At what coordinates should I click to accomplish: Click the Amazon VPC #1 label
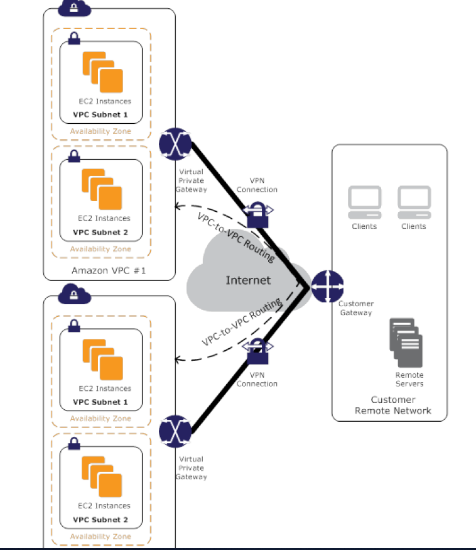(x=109, y=270)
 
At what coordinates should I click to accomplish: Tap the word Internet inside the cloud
(x=248, y=280)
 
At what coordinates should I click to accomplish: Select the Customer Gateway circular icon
(x=327, y=287)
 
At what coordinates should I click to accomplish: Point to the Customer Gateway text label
(x=356, y=308)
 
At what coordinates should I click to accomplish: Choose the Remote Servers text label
(x=409, y=379)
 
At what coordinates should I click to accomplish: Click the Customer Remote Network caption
(x=393, y=405)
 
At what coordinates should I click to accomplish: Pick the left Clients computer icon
(x=364, y=201)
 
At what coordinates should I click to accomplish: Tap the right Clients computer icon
(x=414, y=201)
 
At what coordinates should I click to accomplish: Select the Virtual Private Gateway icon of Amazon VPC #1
(x=175, y=143)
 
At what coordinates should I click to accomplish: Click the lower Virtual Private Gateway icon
(x=175, y=431)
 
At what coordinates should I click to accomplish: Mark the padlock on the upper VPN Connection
(x=257, y=216)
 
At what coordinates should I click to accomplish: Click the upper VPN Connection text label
(x=257, y=185)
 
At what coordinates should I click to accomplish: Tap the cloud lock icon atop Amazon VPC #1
(x=74, y=8)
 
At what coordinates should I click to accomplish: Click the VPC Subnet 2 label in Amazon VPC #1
(x=100, y=232)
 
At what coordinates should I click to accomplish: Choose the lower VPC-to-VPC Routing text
(x=241, y=323)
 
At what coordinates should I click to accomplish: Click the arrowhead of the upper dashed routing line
(x=178, y=206)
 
